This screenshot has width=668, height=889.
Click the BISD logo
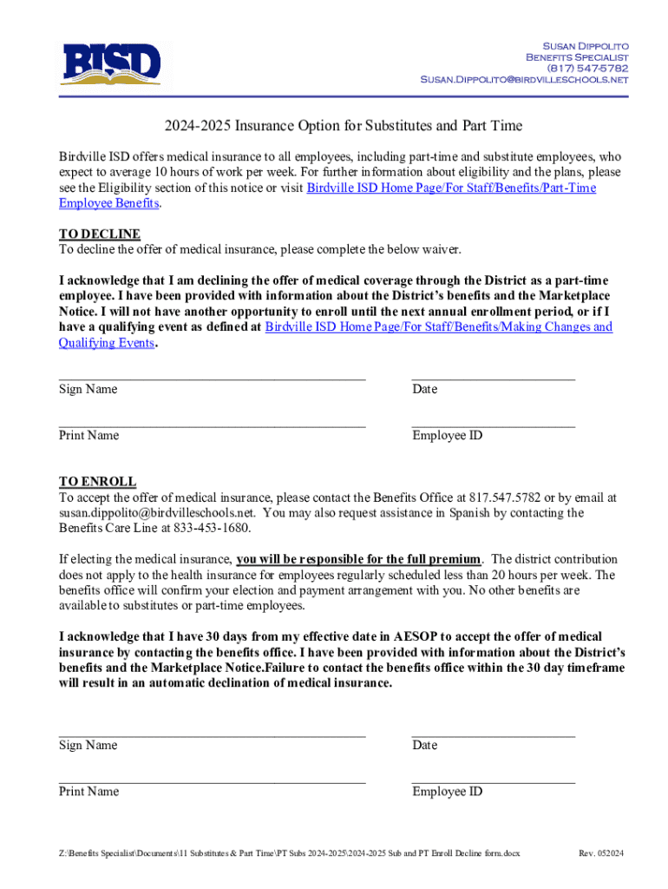(x=110, y=63)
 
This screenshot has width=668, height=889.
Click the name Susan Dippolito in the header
(x=585, y=45)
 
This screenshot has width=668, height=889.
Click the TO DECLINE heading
(x=99, y=234)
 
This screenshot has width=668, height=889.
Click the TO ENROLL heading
(x=97, y=482)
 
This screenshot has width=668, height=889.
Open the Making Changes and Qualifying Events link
(x=438, y=327)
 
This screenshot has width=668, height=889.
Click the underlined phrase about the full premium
(x=358, y=559)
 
